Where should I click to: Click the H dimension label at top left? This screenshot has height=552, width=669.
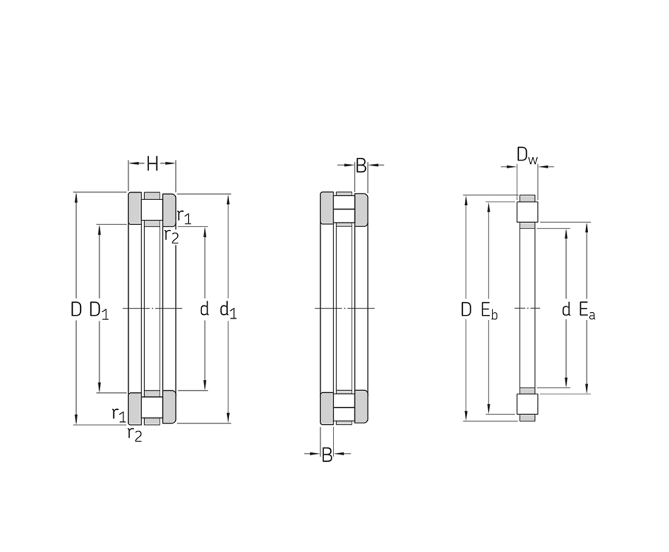click(152, 163)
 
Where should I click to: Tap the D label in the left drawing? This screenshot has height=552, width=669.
click(76, 309)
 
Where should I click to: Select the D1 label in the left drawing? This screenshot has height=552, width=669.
click(99, 310)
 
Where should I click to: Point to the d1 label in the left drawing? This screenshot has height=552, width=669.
click(228, 310)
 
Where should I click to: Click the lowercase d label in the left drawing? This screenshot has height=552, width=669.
click(204, 309)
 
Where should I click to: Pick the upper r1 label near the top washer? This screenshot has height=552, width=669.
click(185, 217)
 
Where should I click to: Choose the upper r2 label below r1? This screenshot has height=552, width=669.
click(172, 236)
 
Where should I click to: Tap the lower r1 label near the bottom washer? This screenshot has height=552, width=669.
click(119, 414)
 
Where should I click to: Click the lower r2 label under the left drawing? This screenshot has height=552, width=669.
click(134, 434)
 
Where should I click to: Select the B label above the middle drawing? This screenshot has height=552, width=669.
click(361, 166)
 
